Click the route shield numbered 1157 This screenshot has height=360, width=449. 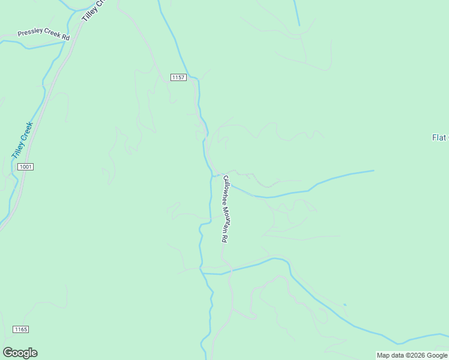point(178,77)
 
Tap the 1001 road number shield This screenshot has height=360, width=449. point(25,166)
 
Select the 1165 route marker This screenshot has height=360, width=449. point(21,329)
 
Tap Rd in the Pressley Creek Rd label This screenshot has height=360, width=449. point(66,38)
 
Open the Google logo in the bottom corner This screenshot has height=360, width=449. point(20,353)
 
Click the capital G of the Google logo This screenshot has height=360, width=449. point(7,352)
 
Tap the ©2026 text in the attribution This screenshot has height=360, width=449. point(415,355)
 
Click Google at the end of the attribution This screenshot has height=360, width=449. point(436,355)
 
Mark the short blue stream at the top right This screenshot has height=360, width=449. point(297,13)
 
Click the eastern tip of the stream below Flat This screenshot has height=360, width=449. point(373,171)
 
